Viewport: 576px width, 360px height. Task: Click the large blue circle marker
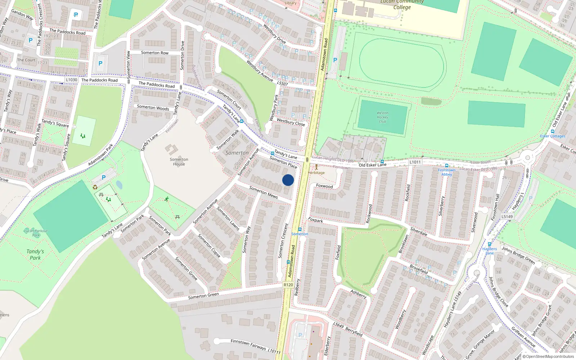click(x=288, y=180)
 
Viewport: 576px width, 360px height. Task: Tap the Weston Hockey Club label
click(x=382, y=117)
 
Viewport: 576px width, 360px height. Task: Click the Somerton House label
click(x=179, y=162)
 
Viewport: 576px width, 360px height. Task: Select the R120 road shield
click(x=288, y=285)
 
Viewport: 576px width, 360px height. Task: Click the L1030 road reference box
click(x=72, y=80)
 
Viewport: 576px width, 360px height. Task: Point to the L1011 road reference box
click(x=415, y=162)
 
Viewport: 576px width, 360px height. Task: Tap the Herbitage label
click(x=316, y=173)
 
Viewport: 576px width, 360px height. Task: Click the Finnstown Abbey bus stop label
click(x=446, y=172)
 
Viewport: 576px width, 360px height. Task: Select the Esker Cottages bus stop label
click(x=553, y=136)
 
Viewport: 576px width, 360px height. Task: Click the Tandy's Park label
click(x=35, y=255)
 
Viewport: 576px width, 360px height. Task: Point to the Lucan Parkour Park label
click(x=36, y=233)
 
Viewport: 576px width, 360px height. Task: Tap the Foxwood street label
click(x=324, y=186)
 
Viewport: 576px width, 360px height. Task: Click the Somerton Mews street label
click(x=264, y=192)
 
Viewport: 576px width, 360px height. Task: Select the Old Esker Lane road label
click(x=372, y=165)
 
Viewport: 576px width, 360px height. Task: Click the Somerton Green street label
click(x=203, y=296)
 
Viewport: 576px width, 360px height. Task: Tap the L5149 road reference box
click(x=507, y=216)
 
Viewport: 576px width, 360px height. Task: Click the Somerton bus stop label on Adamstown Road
click(x=300, y=234)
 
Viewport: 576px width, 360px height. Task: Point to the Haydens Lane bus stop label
click(x=490, y=251)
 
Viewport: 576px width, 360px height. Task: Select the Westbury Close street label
click(x=291, y=122)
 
